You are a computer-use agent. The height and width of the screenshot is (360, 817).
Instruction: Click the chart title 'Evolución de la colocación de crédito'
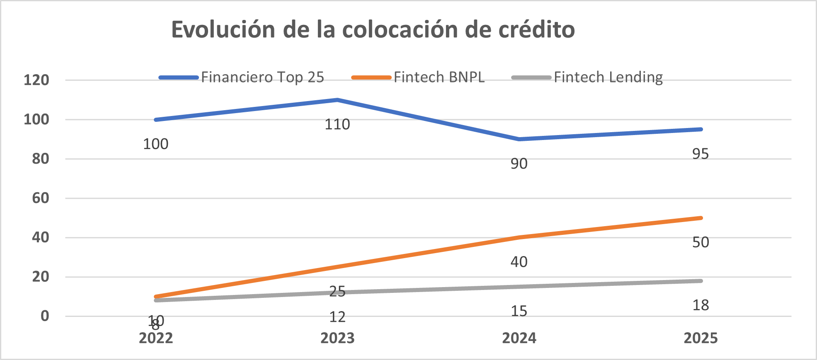tap(373, 30)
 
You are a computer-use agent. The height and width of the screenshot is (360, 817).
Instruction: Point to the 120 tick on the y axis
tap(36, 80)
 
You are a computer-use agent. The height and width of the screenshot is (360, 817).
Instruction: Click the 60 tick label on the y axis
tap(41, 198)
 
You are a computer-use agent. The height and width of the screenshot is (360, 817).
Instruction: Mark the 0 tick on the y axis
tap(45, 316)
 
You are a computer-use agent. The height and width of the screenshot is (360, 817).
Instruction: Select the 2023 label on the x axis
tap(337, 338)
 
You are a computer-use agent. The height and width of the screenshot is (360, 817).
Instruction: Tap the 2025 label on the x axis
tap(701, 338)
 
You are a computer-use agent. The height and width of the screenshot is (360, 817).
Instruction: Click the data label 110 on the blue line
tap(337, 124)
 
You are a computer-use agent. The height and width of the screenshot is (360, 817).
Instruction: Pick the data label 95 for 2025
tap(701, 154)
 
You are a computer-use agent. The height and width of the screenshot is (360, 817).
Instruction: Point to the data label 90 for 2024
tap(519, 164)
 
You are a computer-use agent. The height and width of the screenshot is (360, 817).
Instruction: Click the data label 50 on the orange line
tap(701, 242)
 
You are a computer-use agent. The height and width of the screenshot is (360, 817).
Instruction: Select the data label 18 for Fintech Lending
tap(701, 306)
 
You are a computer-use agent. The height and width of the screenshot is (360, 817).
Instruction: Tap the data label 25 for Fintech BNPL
tap(337, 292)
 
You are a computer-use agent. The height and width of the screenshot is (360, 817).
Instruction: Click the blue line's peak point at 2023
tap(337, 100)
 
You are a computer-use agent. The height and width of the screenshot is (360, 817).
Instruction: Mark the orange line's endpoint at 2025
tap(701, 218)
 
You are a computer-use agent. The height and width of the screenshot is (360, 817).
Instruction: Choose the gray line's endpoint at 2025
tap(701, 281)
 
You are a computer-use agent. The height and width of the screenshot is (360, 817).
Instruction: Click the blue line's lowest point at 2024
tap(519, 139)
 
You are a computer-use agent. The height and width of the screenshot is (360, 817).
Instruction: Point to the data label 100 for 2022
tap(156, 144)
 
